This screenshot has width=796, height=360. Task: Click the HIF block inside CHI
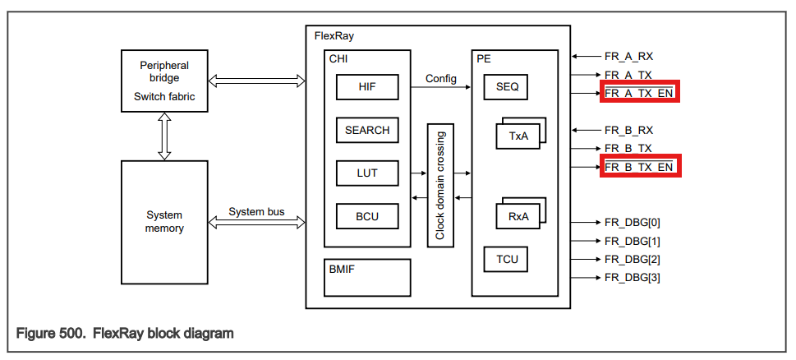click(x=366, y=86)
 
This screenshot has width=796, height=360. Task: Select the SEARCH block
click(x=366, y=130)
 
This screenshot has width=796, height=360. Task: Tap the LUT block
click(x=366, y=173)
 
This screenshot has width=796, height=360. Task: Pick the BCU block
click(x=366, y=216)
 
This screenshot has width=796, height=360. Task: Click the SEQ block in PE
click(x=507, y=86)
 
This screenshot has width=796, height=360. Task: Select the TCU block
click(x=507, y=260)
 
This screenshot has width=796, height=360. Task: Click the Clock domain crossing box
click(x=440, y=184)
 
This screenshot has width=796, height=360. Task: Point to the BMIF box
click(x=366, y=277)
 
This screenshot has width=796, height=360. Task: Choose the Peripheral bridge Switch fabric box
click(x=164, y=82)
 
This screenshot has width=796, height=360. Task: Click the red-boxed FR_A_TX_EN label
click(x=640, y=93)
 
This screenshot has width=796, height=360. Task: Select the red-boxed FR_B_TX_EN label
click(x=640, y=167)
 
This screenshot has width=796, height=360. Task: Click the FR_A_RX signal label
click(x=628, y=57)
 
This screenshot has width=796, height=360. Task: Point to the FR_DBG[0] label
click(x=632, y=223)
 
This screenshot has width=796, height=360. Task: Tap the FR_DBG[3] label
click(x=632, y=277)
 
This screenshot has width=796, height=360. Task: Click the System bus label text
click(x=256, y=211)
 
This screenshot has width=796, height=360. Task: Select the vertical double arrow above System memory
click(x=164, y=136)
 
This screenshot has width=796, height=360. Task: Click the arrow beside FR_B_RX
click(x=585, y=130)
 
